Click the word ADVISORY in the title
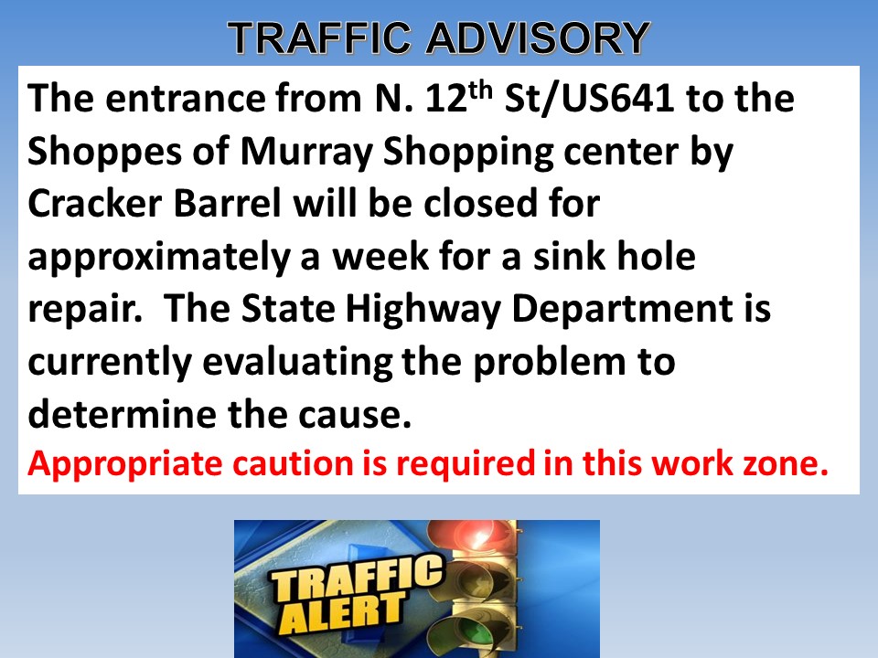point(538,38)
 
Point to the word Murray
point(305,153)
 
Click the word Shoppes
point(104,153)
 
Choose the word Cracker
point(94,203)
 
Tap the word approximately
point(159,257)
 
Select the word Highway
point(423,310)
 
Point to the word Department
point(623,310)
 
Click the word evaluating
point(297,363)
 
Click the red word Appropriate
point(125,464)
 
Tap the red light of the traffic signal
point(480,537)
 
